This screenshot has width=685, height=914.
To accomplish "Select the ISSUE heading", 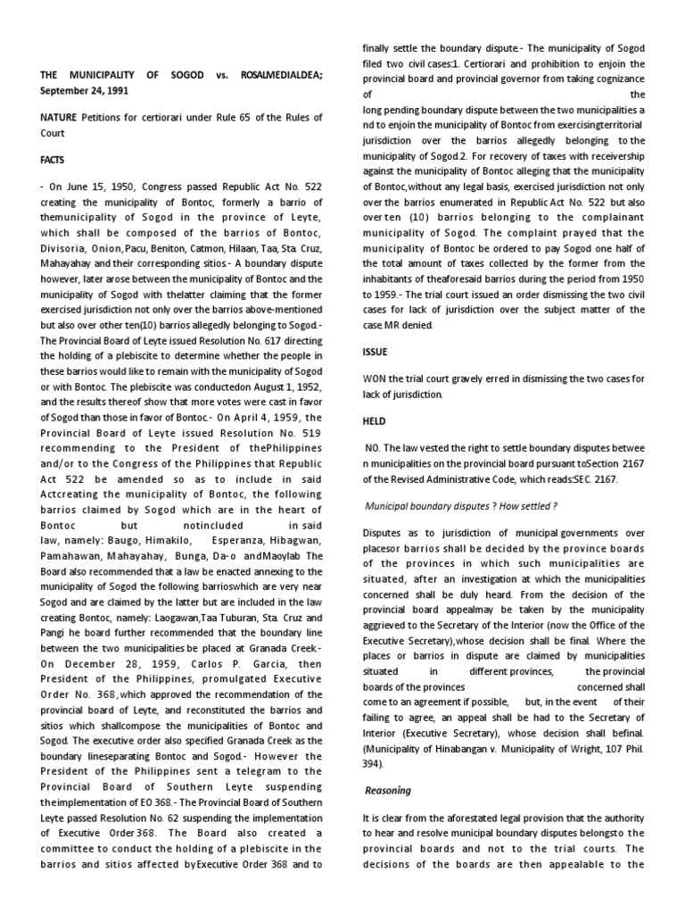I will pos(374,353).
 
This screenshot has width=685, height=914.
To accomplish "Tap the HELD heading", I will pos(373,420).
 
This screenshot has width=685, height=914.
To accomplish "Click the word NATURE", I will pos(58,117).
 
